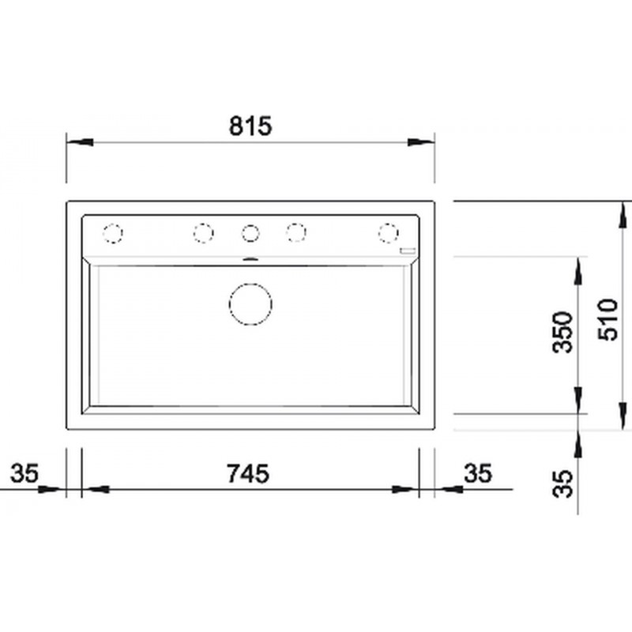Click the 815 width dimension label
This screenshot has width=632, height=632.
click(x=250, y=126)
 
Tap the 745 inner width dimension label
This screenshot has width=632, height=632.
click(x=248, y=473)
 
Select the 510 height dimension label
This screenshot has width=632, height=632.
click(x=608, y=320)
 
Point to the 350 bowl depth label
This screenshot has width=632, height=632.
click(x=562, y=332)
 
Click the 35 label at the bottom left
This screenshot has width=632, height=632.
click(x=24, y=472)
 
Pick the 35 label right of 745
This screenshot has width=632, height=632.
click(x=478, y=472)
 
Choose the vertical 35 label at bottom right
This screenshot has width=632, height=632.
click(x=562, y=483)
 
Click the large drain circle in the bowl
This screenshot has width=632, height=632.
click(x=250, y=304)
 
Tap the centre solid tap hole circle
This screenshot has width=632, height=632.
click(x=250, y=233)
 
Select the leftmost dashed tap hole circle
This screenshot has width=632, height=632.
click(x=112, y=233)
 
